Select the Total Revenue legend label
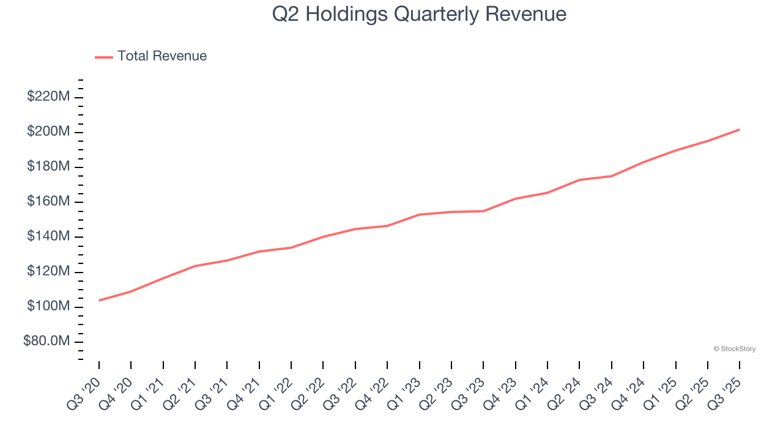point(162,56)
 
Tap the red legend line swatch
point(104,57)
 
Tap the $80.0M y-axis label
point(46,341)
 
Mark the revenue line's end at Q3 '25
point(740,130)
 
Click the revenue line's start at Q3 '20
point(99,300)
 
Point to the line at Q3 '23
point(483,211)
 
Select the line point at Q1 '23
point(420,215)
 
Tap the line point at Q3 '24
point(612,176)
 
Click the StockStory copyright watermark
point(734,349)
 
